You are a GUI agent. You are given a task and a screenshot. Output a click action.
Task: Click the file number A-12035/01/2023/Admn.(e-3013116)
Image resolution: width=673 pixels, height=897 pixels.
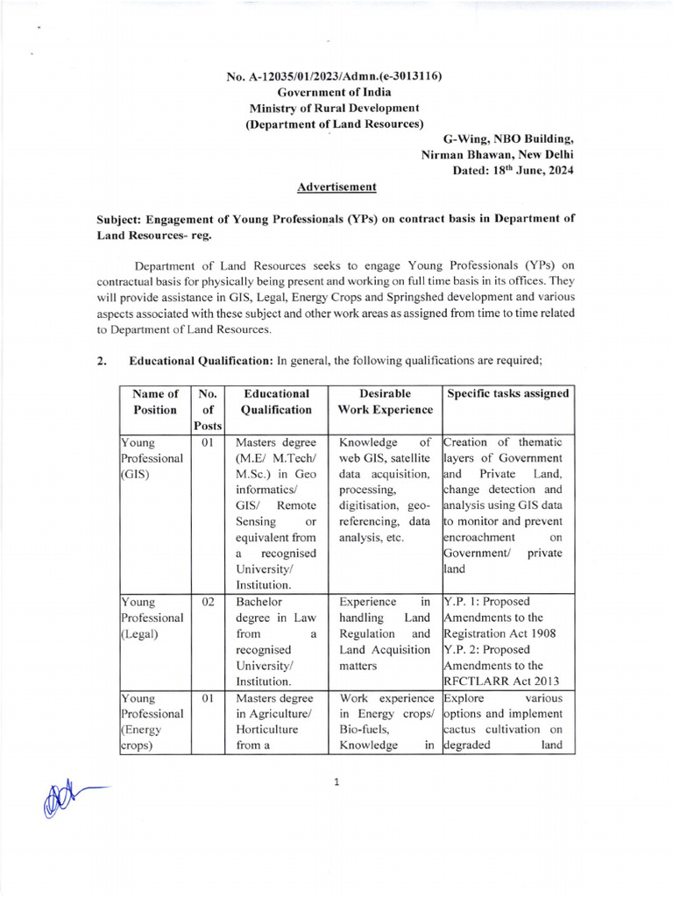click(334, 76)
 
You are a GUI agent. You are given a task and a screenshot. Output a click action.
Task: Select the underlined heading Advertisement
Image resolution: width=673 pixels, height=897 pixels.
click(336, 187)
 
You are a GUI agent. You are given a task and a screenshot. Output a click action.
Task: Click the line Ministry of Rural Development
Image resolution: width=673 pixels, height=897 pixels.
click(335, 108)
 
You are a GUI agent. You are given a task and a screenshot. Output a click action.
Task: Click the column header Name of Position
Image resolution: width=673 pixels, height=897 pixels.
click(155, 401)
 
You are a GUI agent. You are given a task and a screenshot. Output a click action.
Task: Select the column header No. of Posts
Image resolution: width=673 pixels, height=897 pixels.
click(208, 409)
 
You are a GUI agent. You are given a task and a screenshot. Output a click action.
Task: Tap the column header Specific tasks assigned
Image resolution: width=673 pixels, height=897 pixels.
click(508, 394)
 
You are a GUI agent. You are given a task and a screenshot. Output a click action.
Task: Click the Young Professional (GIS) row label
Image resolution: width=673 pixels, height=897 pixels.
click(152, 458)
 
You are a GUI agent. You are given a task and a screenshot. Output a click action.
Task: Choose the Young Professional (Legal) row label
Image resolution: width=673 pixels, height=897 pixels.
click(152, 618)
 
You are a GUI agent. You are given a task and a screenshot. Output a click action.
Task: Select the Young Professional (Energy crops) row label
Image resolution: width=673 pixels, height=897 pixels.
click(152, 723)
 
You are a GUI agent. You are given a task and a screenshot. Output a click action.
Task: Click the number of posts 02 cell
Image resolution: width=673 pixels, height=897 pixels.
click(208, 602)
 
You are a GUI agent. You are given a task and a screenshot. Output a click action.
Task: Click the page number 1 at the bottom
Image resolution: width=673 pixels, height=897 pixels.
click(336, 782)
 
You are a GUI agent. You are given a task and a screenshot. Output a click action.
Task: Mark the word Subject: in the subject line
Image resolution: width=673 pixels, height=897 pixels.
click(122, 219)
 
